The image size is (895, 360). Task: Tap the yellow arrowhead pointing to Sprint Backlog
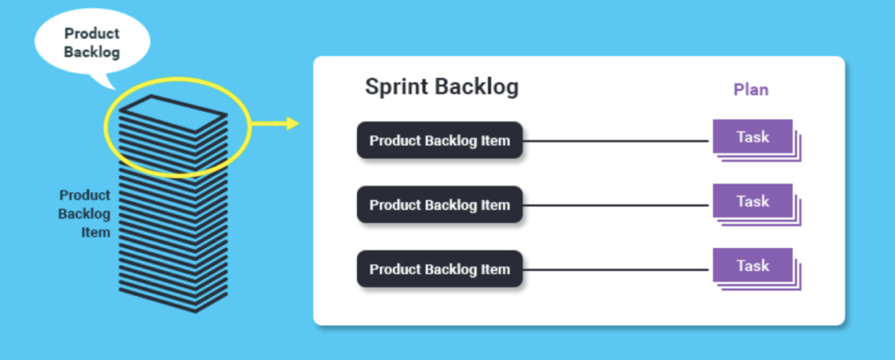(293, 123)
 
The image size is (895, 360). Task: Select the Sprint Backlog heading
(441, 87)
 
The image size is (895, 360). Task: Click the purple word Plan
(751, 90)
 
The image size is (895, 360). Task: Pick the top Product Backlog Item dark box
(440, 141)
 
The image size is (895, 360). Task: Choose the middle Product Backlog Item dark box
(440, 204)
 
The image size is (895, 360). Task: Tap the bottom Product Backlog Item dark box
(440, 269)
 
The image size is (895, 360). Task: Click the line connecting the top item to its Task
(616, 141)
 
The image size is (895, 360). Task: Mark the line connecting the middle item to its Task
(616, 205)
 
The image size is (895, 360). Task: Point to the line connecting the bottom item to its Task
(616, 270)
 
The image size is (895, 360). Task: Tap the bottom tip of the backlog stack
(196, 312)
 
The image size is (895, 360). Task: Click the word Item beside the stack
(95, 232)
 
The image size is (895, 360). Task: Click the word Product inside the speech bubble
(92, 33)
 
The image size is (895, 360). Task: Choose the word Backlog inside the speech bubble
(92, 52)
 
